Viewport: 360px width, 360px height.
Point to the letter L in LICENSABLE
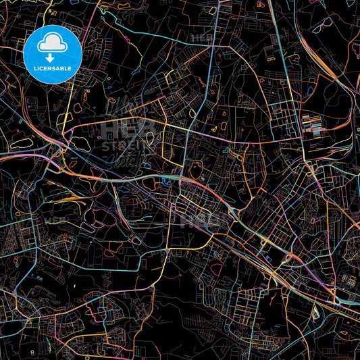pyautogui.click(x=34, y=68)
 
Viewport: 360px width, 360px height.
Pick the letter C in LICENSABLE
pyautogui.click(x=42, y=68)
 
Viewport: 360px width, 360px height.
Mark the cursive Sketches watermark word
pyautogui.click(x=126, y=160)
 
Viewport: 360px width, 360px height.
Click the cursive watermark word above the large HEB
pyautogui.click(x=122, y=108)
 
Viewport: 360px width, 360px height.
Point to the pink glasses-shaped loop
pyautogui.click(x=322, y=23)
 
